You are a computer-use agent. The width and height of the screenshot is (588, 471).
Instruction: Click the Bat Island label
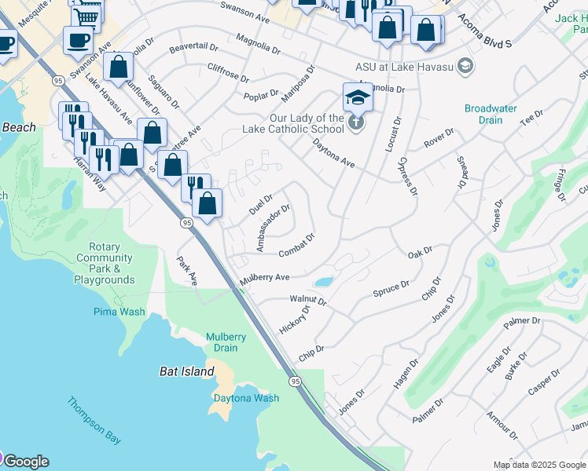tap(186, 371)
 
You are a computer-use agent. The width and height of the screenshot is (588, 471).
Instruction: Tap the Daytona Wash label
tap(246, 398)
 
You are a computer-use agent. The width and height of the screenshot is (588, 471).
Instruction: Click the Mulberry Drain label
tap(226, 342)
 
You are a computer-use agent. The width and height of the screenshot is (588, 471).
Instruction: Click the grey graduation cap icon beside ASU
tap(465, 65)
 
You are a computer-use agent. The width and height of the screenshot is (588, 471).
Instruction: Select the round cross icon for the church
tap(356, 122)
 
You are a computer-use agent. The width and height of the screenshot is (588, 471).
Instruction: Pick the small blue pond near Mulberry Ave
tap(323, 282)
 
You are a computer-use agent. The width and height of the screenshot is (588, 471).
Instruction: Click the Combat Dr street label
tap(297, 246)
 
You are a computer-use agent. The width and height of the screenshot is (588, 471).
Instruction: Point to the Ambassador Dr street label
tap(273, 228)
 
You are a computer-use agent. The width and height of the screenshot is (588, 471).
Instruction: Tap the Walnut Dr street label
tap(307, 299)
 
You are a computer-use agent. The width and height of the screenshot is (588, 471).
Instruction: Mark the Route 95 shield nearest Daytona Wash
tap(295, 381)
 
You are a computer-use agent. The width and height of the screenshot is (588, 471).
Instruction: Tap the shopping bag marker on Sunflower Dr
tap(119, 68)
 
